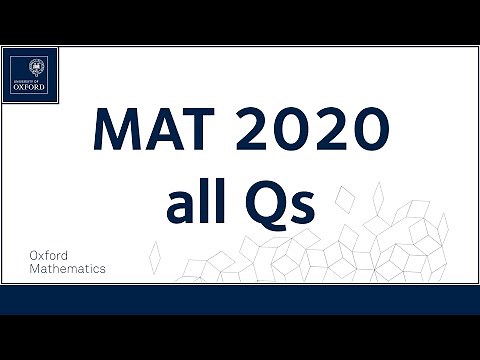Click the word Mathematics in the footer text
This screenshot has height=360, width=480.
point(68,269)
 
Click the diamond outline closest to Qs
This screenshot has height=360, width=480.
point(344,206)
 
